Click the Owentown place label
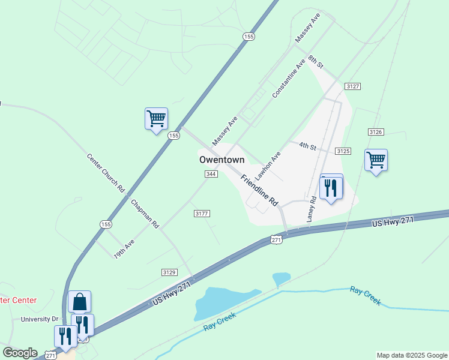click(x=222, y=160)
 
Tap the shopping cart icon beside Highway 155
click(x=156, y=118)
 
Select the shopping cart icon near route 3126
click(x=376, y=160)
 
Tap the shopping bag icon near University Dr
click(x=79, y=302)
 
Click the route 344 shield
click(x=211, y=174)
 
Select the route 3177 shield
click(x=202, y=214)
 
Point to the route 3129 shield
click(x=170, y=272)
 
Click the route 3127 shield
click(x=353, y=87)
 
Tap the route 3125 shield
click(x=343, y=152)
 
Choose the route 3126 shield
click(x=376, y=131)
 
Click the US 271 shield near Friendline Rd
click(x=276, y=239)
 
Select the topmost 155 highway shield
click(x=249, y=37)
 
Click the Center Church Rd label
click(x=106, y=173)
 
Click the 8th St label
click(x=316, y=61)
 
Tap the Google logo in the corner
click(x=20, y=353)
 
